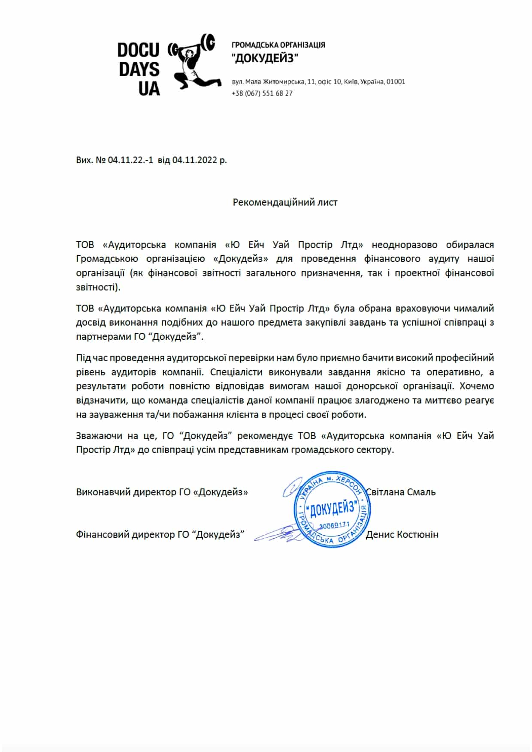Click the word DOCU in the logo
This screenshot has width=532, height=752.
coord(138,51)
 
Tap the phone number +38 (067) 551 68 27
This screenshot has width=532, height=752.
coord(262,93)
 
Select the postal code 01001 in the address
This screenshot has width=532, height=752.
coord(396,81)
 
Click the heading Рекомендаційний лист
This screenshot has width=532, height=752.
coord(285,202)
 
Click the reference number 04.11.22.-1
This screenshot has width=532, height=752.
coord(130,160)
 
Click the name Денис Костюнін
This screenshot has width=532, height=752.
coord(402,534)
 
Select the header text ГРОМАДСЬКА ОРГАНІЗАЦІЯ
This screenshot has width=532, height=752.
coord(278,45)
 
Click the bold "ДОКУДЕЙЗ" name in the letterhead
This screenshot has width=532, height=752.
coord(265,58)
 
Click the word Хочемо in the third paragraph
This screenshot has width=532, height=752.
coord(477,386)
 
